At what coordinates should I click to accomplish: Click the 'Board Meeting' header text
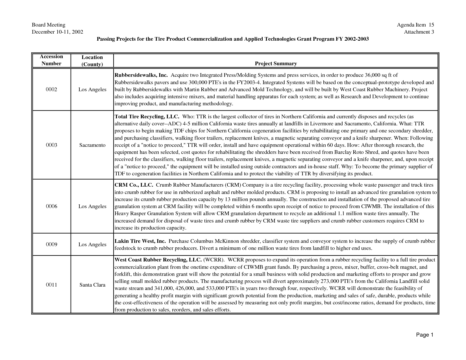(x=48, y=25)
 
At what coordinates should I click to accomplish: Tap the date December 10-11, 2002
(x=57, y=32)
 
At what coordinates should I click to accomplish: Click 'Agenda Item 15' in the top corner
(x=415, y=25)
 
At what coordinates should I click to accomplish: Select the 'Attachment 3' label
(x=419, y=32)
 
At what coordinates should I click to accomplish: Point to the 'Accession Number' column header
(x=51, y=60)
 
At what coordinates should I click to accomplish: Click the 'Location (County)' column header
(x=92, y=61)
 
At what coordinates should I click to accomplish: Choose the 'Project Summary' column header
(x=276, y=64)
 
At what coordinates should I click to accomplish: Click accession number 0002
(x=51, y=90)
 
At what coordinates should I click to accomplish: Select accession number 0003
(x=51, y=145)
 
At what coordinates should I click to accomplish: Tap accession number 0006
(x=51, y=206)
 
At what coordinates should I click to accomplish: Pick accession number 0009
(x=51, y=245)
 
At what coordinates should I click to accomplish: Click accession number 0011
(x=51, y=285)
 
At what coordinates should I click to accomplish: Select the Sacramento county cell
(x=92, y=145)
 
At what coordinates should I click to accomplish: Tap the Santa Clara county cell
(x=92, y=285)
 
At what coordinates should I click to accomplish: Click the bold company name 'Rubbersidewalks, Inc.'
(x=141, y=75)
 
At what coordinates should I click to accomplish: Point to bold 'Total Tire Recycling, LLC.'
(x=147, y=117)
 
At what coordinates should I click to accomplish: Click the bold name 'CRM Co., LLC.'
(x=134, y=185)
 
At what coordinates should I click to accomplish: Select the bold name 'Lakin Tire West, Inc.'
(x=140, y=241)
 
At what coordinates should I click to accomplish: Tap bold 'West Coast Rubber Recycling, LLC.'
(x=158, y=260)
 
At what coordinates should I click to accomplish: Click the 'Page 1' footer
(x=424, y=335)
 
